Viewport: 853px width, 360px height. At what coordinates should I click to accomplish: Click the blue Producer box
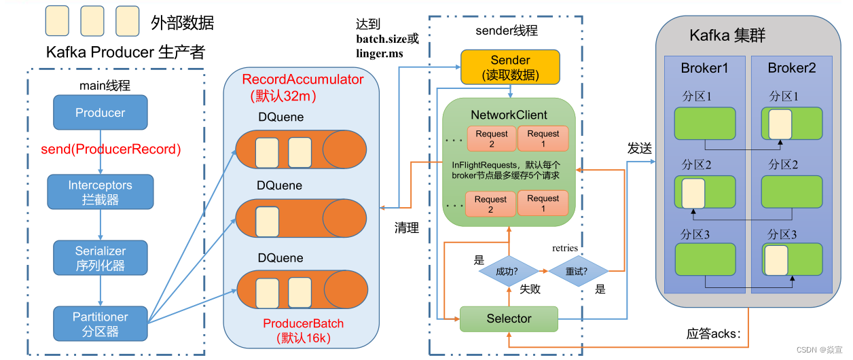click(x=101, y=113)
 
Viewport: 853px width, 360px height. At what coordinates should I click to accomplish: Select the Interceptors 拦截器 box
click(x=101, y=192)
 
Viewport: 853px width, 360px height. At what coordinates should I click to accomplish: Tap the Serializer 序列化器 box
click(x=101, y=258)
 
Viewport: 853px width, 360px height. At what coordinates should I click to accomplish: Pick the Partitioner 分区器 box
click(x=101, y=324)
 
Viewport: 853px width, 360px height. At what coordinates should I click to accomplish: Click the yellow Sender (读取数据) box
click(x=510, y=67)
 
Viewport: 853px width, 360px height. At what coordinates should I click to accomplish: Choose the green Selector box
click(x=509, y=319)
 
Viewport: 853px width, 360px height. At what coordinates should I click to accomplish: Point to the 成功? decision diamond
click(x=507, y=271)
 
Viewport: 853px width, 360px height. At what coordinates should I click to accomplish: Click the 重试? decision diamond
click(x=578, y=271)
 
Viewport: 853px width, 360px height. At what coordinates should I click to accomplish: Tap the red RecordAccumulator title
click(x=303, y=79)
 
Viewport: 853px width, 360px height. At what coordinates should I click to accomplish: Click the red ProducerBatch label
click(x=303, y=323)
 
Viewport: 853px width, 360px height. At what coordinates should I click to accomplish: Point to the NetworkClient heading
click(x=509, y=115)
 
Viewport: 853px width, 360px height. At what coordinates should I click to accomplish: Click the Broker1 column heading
click(x=704, y=69)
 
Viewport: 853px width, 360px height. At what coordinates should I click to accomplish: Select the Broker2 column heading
click(x=791, y=69)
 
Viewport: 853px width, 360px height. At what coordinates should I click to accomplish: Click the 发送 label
click(x=639, y=147)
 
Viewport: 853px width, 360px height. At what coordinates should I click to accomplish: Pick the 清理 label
click(x=407, y=228)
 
